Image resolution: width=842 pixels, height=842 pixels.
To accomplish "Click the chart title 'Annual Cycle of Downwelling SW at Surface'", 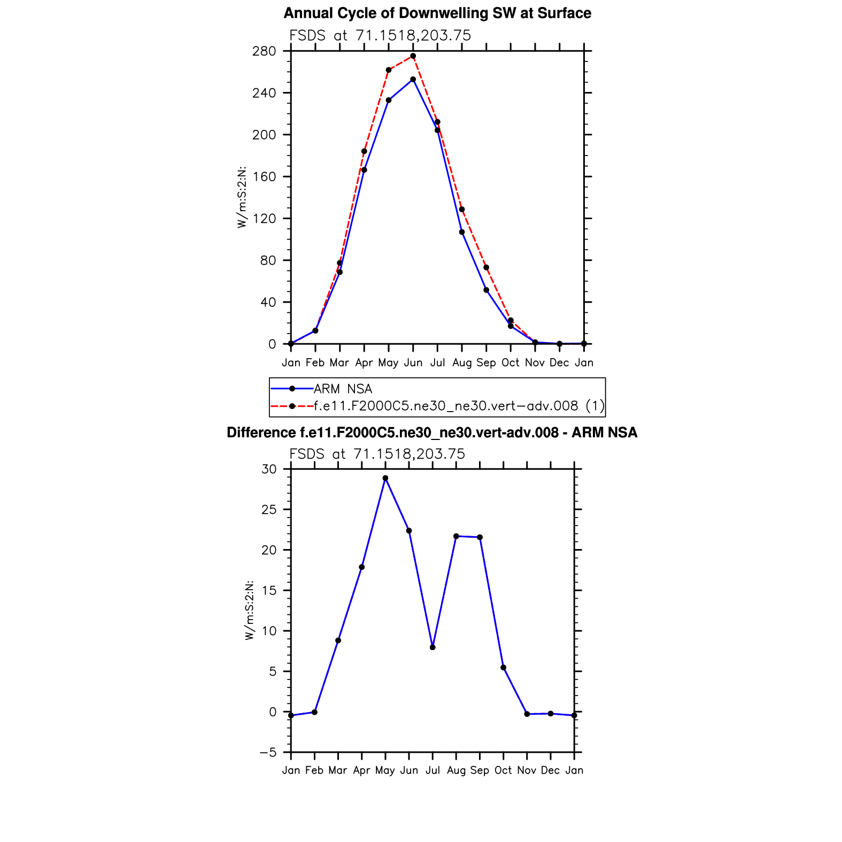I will (437, 13).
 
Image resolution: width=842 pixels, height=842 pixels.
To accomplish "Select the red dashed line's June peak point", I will (413, 56).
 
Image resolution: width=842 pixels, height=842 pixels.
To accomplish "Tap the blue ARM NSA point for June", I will (413, 80).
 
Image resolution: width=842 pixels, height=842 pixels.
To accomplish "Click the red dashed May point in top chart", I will (389, 70).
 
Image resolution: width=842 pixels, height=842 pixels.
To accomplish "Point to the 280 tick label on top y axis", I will (264, 51).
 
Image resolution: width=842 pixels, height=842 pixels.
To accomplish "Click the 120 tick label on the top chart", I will (264, 219).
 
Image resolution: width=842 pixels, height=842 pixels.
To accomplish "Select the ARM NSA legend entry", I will (343, 389).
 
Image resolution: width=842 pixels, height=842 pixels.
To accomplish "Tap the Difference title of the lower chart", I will (432, 432).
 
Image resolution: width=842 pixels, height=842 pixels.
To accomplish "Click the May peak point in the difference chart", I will (385, 478).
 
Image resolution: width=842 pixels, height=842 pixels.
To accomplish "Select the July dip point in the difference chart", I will (432, 647).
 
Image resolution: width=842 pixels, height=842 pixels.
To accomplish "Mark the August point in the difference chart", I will (456, 536).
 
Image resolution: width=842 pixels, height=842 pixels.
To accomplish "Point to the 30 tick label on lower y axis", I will (269, 469).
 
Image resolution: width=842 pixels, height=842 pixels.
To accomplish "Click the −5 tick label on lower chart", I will (268, 753).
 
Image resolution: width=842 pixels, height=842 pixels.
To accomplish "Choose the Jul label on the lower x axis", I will (432, 770).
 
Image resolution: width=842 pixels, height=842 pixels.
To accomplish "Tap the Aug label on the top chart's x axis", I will (462, 363).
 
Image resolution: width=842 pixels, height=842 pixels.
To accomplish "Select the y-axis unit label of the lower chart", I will (250, 610).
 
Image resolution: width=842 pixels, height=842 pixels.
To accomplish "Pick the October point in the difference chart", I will (503, 668).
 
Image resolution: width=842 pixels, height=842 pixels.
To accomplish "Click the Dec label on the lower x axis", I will (550, 770).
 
